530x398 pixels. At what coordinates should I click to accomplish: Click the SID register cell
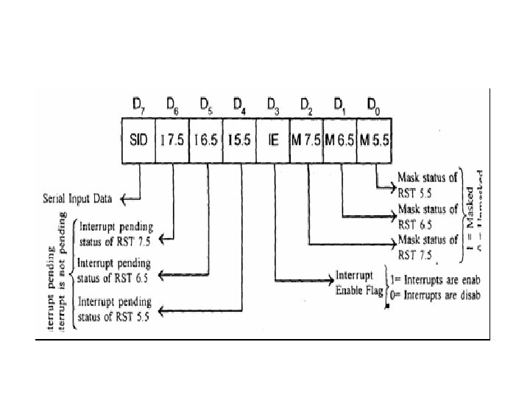pyautogui.click(x=138, y=139)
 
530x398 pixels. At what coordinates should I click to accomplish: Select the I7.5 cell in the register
pyautogui.click(x=172, y=139)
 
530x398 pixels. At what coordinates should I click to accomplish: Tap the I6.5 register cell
pyautogui.click(x=205, y=139)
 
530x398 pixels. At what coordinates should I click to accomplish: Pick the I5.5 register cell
pyautogui.click(x=239, y=139)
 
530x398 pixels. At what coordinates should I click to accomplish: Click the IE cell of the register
pyautogui.click(x=272, y=139)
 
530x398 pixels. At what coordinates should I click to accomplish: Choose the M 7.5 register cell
pyautogui.click(x=305, y=139)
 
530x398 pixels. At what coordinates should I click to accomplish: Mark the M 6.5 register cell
pyautogui.click(x=339, y=139)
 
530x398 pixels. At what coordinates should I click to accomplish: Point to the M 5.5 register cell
pyautogui.click(x=374, y=139)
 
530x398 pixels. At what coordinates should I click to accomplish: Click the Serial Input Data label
pyautogui.click(x=77, y=197)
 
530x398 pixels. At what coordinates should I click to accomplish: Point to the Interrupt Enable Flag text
pyautogui.click(x=357, y=283)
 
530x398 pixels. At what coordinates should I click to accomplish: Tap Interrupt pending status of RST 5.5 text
pyautogui.click(x=114, y=310)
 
